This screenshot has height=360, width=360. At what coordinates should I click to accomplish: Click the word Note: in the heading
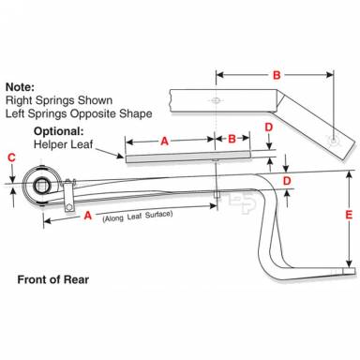pos(20,87)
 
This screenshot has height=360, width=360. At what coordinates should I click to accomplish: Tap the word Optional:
pos(59,131)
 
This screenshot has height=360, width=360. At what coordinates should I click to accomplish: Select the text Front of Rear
pos(53,279)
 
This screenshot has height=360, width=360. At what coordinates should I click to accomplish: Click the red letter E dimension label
pos(349,215)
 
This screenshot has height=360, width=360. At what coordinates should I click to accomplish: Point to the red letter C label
pos(11,157)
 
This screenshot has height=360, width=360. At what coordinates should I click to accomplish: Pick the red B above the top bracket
pos(277,75)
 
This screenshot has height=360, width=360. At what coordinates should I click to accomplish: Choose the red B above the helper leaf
pos(232,139)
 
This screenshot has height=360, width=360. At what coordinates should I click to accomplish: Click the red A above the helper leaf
pos(164,142)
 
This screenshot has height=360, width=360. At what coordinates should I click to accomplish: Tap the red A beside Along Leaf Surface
pos(88,216)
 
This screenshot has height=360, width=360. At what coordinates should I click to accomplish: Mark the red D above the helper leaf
pos(269,127)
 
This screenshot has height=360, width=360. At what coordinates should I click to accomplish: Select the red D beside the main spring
pos(287,181)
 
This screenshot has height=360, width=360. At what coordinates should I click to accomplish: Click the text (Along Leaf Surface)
pos(138,216)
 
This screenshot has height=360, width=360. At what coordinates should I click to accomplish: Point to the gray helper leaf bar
pos(188,157)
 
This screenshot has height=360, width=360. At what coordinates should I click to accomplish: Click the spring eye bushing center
pos(41,185)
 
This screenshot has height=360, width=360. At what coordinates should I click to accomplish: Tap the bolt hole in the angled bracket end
pos(334,141)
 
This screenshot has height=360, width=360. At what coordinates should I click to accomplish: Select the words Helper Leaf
pos(63,144)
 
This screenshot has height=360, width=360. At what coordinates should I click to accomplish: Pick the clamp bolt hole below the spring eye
pos(69,206)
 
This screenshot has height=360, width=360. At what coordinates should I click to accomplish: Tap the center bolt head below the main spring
pos(217,194)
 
